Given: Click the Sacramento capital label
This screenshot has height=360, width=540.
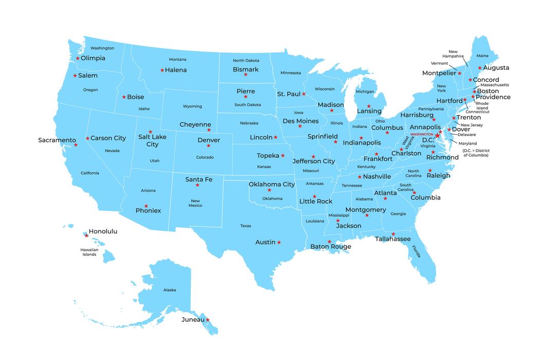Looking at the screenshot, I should [x=57, y=140].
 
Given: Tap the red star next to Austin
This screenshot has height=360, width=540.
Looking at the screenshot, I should [x=279, y=242].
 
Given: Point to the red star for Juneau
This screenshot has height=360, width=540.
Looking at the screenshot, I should [x=208, y=320].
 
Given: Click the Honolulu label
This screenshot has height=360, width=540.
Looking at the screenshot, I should [x=103, y=231].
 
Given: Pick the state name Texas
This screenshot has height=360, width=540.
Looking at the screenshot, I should [x=245, y=226].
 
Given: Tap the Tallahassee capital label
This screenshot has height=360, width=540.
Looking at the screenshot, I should [x=392, y=239].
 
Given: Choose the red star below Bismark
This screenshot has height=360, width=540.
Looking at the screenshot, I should [x=245, y=75].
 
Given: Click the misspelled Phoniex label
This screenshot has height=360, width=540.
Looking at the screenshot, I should [x=148, y=210].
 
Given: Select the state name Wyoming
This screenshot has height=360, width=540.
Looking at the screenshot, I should [x=192, y=106].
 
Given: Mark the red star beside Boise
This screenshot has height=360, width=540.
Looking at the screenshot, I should [x=124, y=97].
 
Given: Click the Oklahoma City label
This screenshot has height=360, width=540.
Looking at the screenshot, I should [x=272, y=184].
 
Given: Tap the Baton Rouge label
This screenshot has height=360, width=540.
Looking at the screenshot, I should [x=331, y=247].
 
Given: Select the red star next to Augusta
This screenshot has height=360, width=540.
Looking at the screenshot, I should [x=480, y=68].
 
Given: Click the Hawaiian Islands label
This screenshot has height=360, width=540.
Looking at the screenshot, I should [x=89, y=252].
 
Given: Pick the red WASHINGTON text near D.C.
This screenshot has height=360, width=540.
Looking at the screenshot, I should [x=422, y=134].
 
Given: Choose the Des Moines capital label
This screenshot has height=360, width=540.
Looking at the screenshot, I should [x=301, y=121].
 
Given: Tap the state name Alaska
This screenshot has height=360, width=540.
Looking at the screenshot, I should [x=170, y=290].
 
